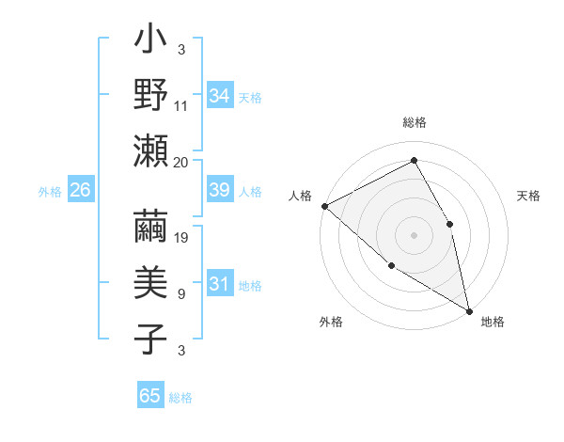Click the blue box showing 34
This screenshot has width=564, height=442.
point(220,96)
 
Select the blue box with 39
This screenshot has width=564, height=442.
point(220,190)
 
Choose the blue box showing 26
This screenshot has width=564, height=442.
point(80,190)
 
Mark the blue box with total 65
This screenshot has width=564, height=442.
point(150,396)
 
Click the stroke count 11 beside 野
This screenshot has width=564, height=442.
point(181,106)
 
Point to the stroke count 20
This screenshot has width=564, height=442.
point(181,162)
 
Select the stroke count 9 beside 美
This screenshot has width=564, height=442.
point(181,294)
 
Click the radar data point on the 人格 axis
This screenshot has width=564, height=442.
point(324,206)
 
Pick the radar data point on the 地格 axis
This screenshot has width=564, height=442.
point(468,309)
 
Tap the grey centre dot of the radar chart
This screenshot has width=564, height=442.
point(415,234)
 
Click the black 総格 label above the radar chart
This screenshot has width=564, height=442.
point(415,122)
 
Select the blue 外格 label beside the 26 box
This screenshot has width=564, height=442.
point(49,191)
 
